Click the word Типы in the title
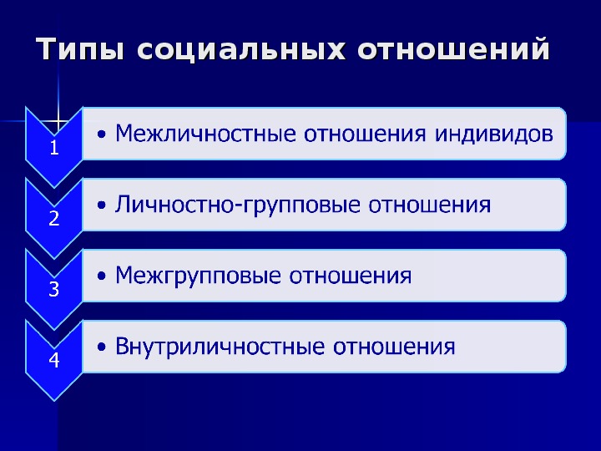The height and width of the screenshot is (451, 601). pyautogui.click(x=80, y=48)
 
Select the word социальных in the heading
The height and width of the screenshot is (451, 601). pyautogui.click(x=240, y=48)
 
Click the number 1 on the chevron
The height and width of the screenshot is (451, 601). pyautogui.click(x=54, y=148)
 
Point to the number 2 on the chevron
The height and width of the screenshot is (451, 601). pyautogui.click(x=54, y=218)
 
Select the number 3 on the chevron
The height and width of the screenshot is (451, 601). pyautogui.click(x=54, y=289)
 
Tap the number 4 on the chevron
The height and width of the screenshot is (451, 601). pyautogui.click(x=54, y=360)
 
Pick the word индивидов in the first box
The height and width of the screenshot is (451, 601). pyautogui.click(x=494, y=134)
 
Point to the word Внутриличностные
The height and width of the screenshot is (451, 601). pyautogui.click(x=220, y=347)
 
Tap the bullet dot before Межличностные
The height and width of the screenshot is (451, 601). pyautogui.click(x=102, y=134)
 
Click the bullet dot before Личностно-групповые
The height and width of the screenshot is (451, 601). pyautogui.click(x=102, y=205)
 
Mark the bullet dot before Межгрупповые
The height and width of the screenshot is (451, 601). pyautogui.click(x=102, y=276)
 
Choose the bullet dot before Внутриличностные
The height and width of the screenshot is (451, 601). pyautogui.click(x=102, y=347)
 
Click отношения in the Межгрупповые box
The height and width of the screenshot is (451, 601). pyautogui.click(x=351, y=276)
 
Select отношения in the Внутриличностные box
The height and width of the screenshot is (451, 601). pyautogui.click(x=394, y=347)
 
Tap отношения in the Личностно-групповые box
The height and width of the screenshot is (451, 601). pyautogui.click(x=430, y=205)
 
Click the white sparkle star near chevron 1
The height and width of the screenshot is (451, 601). pyautogui.click(x=58, y=121)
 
